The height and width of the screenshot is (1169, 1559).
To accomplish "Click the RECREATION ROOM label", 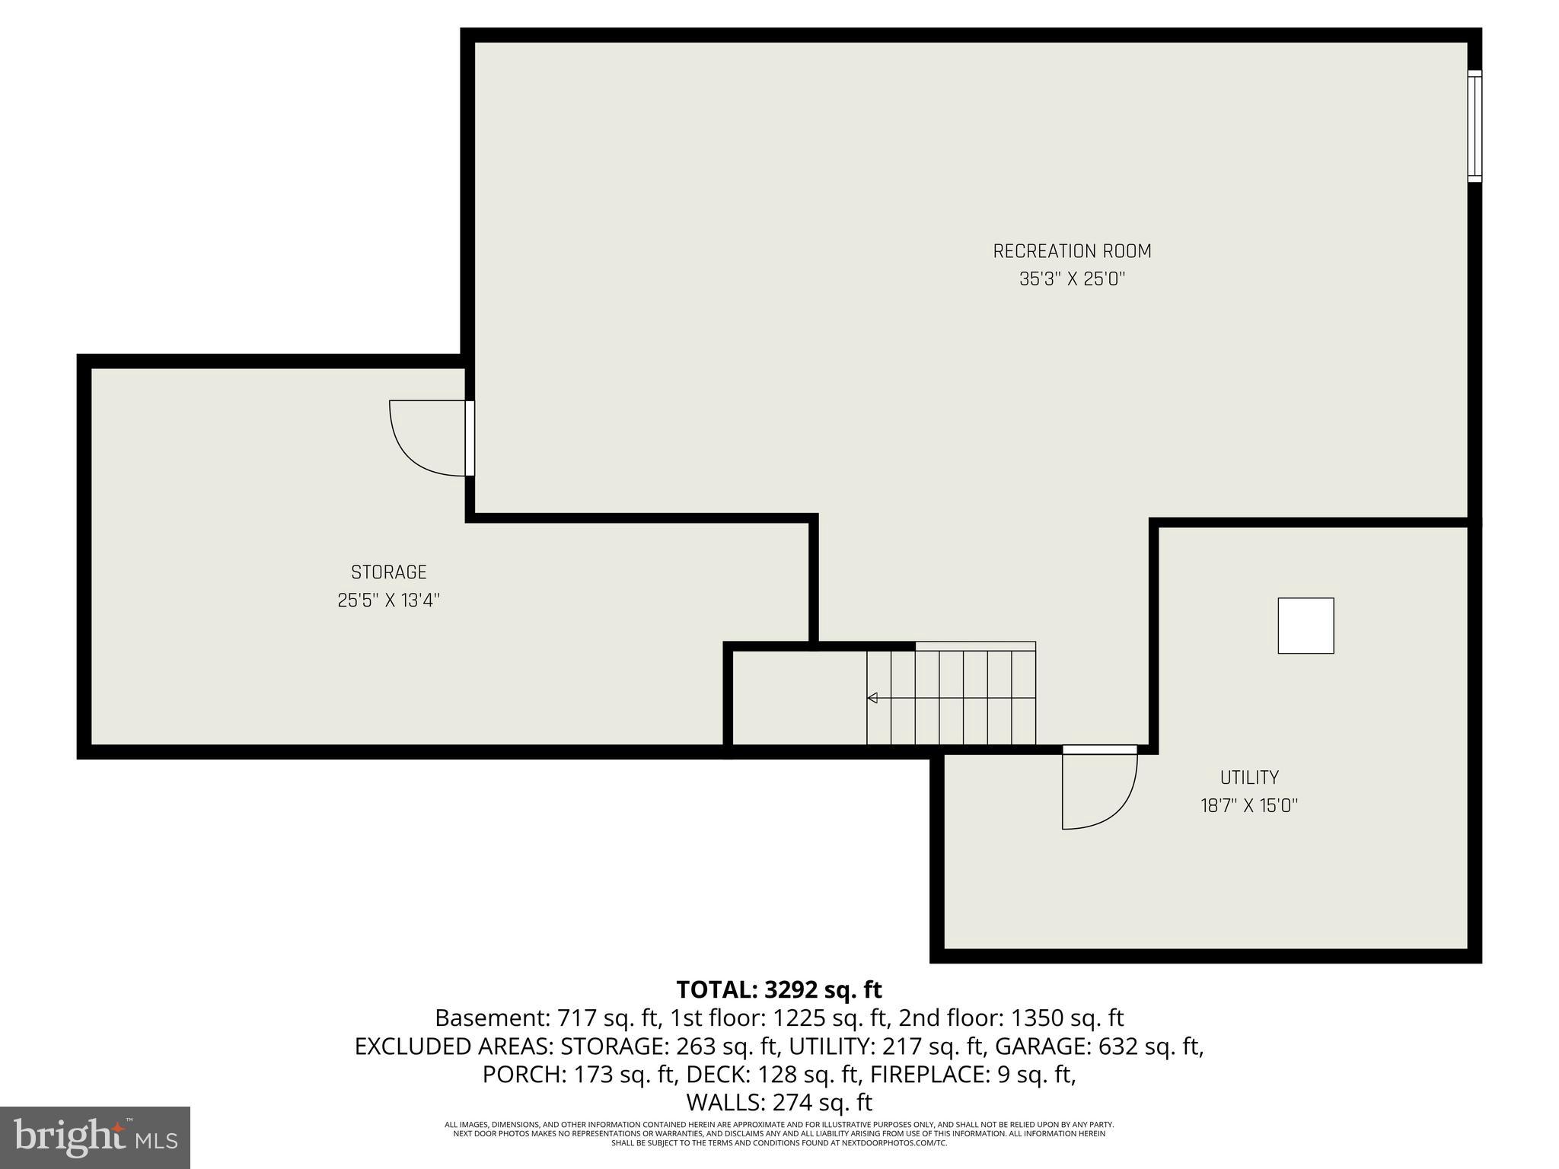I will click(1072, 251).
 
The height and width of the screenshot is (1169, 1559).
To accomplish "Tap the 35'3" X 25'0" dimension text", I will click(1072, 279).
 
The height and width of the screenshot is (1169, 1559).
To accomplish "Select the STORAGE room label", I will click(388, 572).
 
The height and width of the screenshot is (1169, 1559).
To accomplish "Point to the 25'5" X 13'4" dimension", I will click(388, 600).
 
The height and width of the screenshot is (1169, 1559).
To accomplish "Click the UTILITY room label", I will click(1249, 778).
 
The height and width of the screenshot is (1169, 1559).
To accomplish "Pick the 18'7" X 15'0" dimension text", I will click(1249, 806).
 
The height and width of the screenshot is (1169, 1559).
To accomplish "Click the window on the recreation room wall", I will click(1475, 126).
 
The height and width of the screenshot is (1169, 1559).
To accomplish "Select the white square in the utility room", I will click(1306, 626).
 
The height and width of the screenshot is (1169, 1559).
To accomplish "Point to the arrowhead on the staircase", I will click(872, 698).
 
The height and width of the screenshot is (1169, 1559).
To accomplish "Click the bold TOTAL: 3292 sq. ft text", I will click(779, 989).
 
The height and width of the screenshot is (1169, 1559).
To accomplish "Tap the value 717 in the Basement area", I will click(575, 1018).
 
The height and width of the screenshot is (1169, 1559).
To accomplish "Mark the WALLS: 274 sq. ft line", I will click(779, 1103).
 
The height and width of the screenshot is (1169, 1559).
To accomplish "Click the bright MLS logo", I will click(95, 1138).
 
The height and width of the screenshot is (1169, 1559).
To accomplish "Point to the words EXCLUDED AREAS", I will click(454, 1046).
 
